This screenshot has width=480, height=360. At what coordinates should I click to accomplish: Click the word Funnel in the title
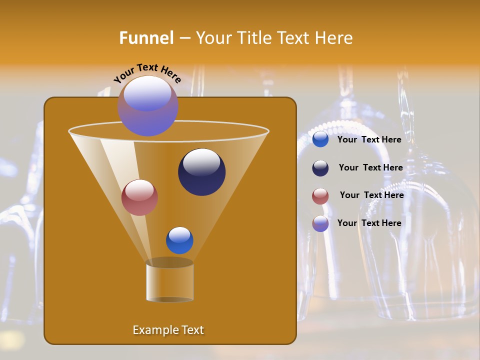point(146,38)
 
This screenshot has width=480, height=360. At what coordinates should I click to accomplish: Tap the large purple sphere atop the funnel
point(148,106)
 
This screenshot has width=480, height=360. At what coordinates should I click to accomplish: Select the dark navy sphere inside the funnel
point(201,171)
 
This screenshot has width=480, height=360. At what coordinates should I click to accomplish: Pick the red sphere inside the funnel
point(139,197)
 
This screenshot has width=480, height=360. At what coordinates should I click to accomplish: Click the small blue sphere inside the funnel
point(179,240)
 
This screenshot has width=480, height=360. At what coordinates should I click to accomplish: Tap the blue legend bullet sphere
point(320,139)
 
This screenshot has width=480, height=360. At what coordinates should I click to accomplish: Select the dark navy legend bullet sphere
point(320,168)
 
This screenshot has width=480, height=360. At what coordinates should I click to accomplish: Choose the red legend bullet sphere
point(320,196)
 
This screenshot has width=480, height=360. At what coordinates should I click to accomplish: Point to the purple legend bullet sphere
point(320,223)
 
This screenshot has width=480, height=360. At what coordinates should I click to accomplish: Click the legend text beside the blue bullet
point(369,139)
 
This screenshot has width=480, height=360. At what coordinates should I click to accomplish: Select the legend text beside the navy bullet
point(370,167)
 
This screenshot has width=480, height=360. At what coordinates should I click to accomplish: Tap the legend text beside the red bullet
point(371,195)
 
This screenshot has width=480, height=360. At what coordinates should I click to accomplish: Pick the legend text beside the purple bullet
point(369,223)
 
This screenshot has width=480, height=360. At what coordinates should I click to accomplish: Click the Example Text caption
point(168,330)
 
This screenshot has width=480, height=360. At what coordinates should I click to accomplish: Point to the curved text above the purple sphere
point(147,73)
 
